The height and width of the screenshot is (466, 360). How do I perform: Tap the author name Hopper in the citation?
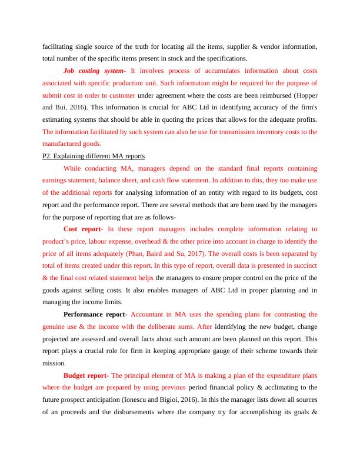click(305, 95)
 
